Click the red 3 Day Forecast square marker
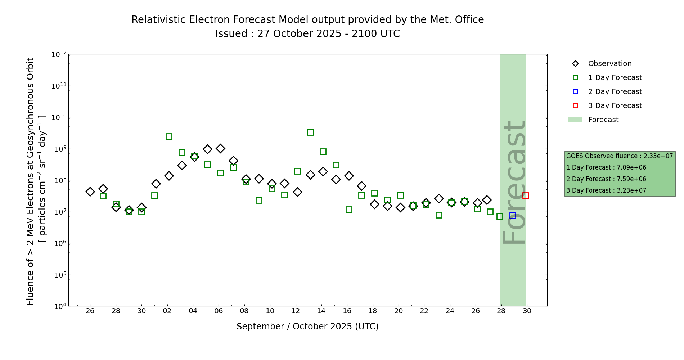point(526,195)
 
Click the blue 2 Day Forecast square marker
point(513,215)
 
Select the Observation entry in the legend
point(609,64)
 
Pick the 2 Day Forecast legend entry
point(615,92)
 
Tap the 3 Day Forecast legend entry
point(615,106)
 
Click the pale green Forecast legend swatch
point(575,120)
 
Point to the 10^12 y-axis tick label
point(59,54)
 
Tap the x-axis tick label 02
point(167,311)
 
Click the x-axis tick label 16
point(347,311)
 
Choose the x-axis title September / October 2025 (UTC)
point(307,327)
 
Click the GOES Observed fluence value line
point(620,156)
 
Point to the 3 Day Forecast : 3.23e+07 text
point(606,190)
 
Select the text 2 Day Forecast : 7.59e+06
point(606,179)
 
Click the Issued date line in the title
point(307,34)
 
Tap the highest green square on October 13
point(310,132)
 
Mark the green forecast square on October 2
point(169,136)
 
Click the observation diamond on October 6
point(220,148)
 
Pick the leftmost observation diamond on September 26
point(90,192)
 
